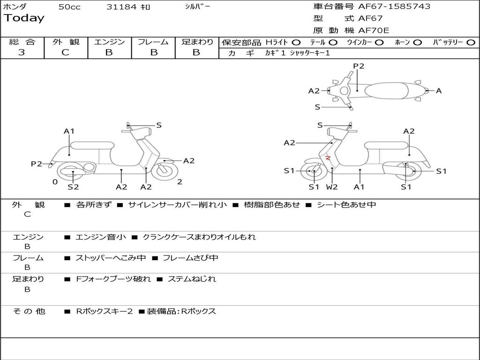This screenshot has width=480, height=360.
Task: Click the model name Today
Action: point(24,18)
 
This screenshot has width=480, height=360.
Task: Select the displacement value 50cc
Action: point(69,7)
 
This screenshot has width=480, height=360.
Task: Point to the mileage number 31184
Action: point(121,7)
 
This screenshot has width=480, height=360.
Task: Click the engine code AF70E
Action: point(374,31)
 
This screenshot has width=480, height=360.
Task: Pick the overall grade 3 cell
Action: point(22,52)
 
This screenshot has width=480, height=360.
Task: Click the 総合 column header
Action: point(22,42)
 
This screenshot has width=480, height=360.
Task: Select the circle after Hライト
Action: point(296,43)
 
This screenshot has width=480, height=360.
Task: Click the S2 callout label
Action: point(73,187)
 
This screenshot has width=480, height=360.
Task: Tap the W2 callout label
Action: point(332,187)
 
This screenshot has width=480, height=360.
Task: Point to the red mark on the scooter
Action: point(329,158)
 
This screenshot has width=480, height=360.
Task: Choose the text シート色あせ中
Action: point(346,205)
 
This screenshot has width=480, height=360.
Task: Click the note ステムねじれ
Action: point(192,279)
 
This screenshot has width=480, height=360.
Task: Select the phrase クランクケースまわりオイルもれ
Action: point(199,237)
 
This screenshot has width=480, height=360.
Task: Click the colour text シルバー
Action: point(195,7)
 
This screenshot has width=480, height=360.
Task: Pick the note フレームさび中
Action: point(190,258)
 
